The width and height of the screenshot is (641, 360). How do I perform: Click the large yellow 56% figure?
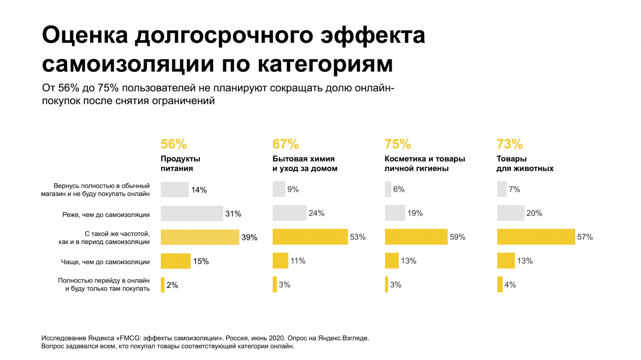(174, 144)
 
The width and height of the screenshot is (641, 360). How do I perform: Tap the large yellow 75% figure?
(398, 144)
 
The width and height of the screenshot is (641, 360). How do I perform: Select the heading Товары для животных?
(524, 163)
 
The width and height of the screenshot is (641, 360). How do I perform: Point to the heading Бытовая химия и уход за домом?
(304, 163)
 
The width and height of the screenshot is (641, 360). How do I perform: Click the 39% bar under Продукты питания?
(200, 237)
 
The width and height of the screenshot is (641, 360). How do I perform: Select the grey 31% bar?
(192, 214)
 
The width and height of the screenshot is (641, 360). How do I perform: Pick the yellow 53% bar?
(310, 237)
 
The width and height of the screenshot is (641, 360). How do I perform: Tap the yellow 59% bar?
(416, 237)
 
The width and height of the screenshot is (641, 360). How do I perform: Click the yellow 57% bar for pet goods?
(536, 237)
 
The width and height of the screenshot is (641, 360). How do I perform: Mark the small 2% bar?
(163, 285)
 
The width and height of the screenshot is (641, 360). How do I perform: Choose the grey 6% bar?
(388, 189)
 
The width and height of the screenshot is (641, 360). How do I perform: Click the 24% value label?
(316, 213)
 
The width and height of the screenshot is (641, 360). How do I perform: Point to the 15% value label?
(201, 261)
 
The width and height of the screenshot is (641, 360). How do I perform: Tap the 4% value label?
(510, 285)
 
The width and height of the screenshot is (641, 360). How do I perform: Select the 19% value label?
(415, 213)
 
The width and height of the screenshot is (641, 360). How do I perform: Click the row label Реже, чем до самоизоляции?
(106, 215)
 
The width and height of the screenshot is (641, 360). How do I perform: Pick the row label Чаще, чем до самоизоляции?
(105, 262)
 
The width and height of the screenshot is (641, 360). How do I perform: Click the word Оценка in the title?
(85, 35)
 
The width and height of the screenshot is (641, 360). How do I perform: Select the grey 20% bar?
(510, 213)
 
